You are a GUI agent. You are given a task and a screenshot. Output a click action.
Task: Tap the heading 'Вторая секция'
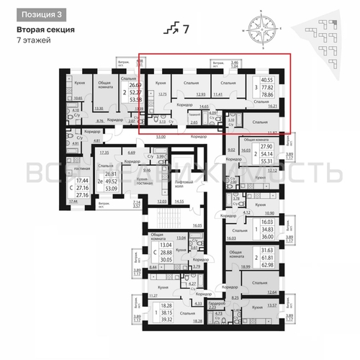point(45,30)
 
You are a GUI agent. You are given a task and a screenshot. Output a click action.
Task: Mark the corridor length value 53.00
point(160,135)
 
